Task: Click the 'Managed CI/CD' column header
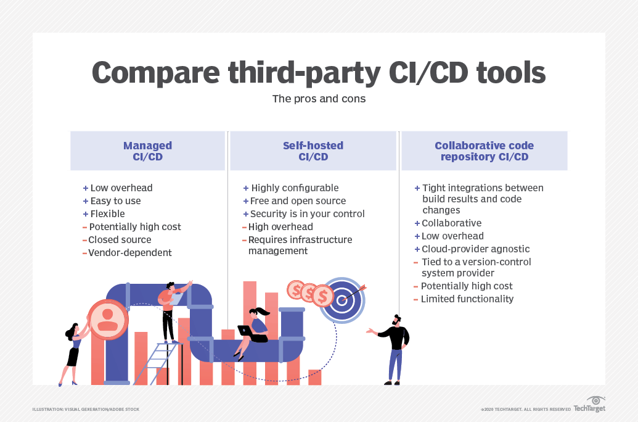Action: [x=148, y=151]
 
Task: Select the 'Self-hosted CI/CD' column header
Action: [x=313, y=151]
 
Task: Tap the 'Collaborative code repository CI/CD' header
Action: [x=484, y=151]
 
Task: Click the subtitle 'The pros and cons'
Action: [x=319, y=99]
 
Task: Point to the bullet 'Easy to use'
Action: [x=115, y=201]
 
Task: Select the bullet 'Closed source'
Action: [x=120, y=240]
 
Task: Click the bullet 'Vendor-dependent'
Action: [x=129, y=253]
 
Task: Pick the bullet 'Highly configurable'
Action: [x=295, y=188]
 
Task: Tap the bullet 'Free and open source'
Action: [x=298, y=201]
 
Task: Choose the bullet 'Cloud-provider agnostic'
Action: [x=475, y=249]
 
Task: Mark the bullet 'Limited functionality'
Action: [x=467, y=299]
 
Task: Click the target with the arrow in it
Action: [x=343, y=300]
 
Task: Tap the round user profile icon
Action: [x=108, y=319]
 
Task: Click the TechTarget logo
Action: [x=590, y=405]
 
